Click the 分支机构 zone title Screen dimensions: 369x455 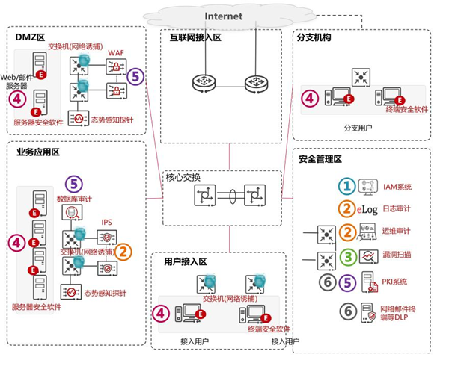(x=318, y=36)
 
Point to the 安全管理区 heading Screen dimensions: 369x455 (x=320, y=159)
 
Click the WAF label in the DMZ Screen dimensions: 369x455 (x=116, y=52)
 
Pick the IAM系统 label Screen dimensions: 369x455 (x=397, y=187)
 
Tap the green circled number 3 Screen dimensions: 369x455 (x=346, y=256)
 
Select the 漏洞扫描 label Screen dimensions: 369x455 (x=398, y=256)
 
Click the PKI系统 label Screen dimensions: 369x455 (x=394, y=282)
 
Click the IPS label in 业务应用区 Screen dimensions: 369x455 (x=108, y=222)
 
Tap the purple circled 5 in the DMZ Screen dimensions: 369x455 (x=135, y=75)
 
